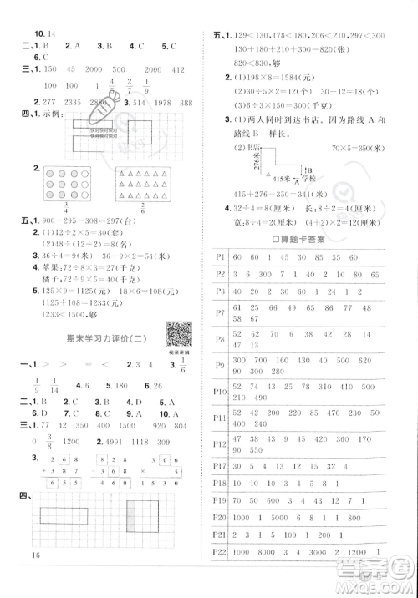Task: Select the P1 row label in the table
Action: coord(222,256)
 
